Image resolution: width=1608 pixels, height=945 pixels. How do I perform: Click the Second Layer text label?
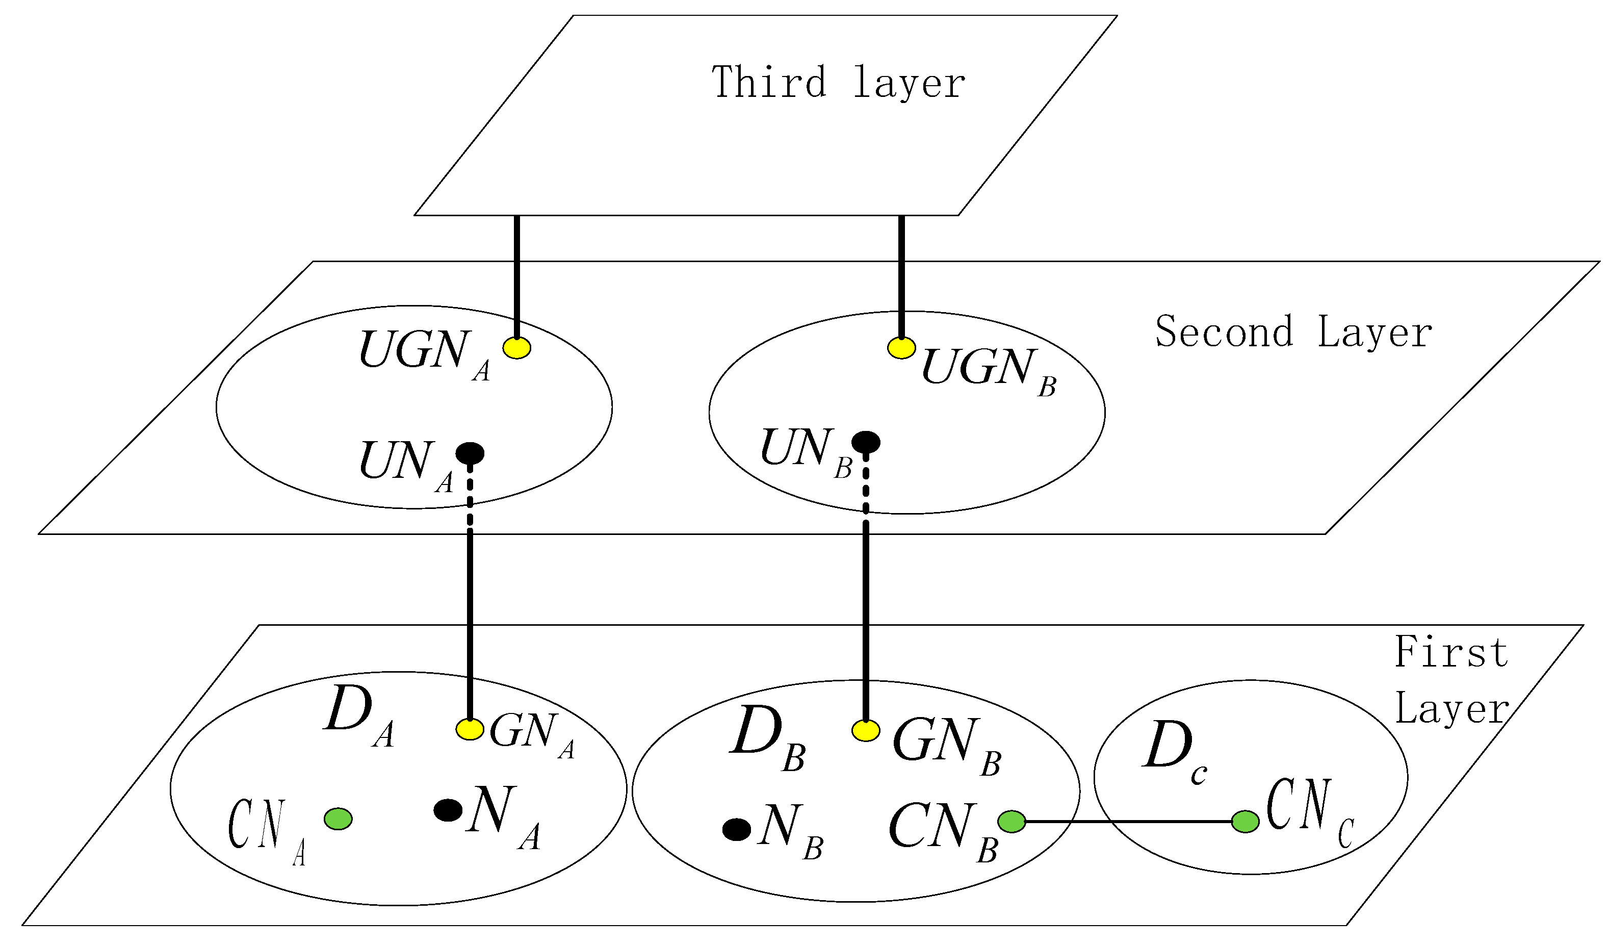[x=1293, y=333]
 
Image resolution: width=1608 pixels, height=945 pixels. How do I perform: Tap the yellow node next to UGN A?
[x=517, y=348]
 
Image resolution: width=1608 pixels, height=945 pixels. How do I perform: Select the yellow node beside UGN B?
[x=901, y=348]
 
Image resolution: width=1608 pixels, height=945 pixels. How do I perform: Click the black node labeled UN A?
[x=470, y=453]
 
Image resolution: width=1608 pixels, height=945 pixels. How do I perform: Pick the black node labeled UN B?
[x=866, y=442]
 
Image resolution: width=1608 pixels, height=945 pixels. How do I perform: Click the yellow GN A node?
[x=470, y=729]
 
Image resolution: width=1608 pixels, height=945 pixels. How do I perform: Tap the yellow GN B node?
[x=866, y=731]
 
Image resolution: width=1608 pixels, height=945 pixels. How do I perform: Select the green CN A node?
[x=338, y=819]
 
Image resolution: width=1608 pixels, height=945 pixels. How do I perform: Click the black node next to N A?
[x=448, y=810]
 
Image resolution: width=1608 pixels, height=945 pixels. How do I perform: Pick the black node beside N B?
[x=736, y=830]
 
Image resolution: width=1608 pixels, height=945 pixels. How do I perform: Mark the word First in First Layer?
[x=1450, y=653]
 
